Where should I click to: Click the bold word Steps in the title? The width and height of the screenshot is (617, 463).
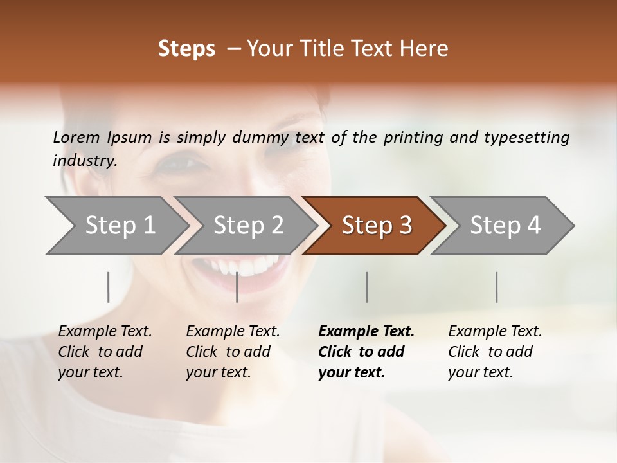coord(186,49)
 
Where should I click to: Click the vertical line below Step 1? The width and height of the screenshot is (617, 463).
coord(109,287)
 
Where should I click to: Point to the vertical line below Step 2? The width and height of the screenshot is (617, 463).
coord(237,287)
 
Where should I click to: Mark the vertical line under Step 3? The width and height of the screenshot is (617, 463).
coord(367,287)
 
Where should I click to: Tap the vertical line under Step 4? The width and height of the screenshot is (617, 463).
coord(496,287)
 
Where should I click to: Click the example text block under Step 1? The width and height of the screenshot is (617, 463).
coord(105,352)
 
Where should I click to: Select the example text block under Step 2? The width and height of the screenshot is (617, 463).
coord(233,352)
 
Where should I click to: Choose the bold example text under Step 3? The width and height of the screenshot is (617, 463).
coord(366,352)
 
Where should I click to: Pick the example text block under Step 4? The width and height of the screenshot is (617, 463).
coord(495,352)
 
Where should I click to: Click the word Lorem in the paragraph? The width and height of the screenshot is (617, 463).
coord(76,137)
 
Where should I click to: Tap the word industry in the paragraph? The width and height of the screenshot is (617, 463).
coord(84,161)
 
